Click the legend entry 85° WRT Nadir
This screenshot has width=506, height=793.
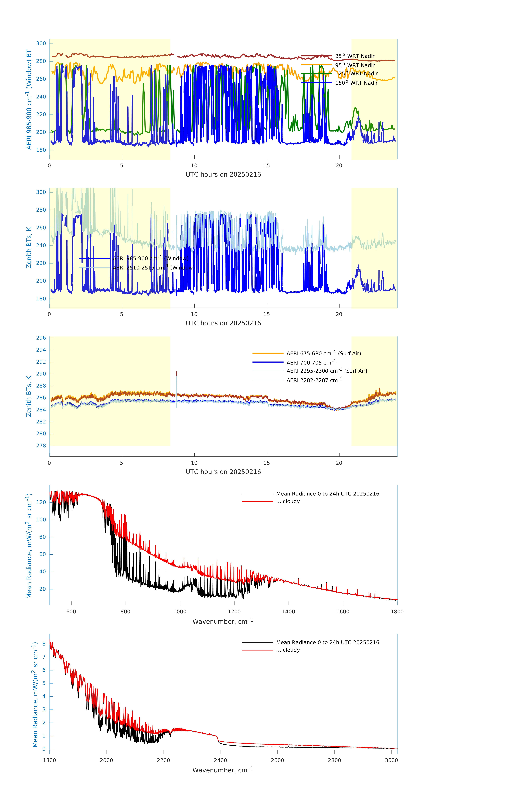coord(354,56)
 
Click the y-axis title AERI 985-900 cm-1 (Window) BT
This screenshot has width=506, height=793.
coord(29,99)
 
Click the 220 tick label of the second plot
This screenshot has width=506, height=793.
coord(41,263)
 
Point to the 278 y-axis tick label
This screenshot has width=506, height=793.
coord(41,446)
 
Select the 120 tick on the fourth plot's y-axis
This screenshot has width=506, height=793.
coord(41,502)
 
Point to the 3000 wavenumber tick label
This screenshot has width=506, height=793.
coord(391,760)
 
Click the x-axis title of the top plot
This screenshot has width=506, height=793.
coord(223,175)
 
